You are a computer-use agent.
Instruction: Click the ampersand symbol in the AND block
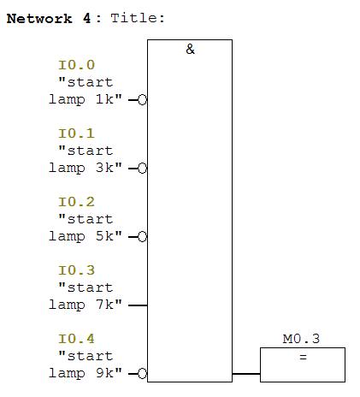[190, 49]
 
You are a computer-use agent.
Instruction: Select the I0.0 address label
[76, 65]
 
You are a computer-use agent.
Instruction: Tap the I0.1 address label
[76, 133]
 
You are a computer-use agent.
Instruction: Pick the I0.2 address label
[76, 202]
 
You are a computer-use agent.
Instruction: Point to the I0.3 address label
[76, 270]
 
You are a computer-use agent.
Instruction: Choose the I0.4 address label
[76, 339]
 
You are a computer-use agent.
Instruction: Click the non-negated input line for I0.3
[138, 305]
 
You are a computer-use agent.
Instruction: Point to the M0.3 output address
[301, 339]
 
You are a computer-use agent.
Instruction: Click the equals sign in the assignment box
[303, 357]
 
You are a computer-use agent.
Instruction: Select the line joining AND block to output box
[246, 373]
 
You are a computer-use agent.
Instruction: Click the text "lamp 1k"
[81, 100]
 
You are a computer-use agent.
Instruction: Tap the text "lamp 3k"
[81, 169]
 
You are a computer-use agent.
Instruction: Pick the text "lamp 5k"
[81, 237]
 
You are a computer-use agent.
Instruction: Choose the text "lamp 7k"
[81, 305]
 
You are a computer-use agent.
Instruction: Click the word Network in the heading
[39, 19]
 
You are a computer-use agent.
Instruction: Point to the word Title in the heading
[134, 18]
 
